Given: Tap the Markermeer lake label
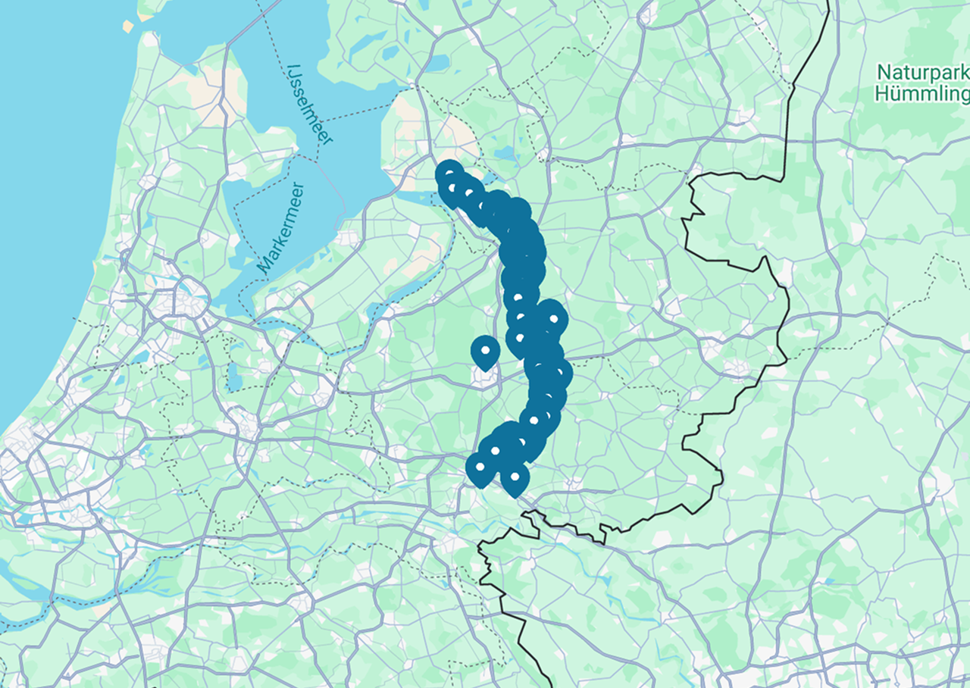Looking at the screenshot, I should tap(281, 227).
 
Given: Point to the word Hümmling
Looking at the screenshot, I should tap(921, 94).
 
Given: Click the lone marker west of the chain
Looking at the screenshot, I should tap(485, 352).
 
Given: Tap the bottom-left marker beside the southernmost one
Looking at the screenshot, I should tap(480, 469).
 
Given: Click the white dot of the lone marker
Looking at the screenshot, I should tap(485, 349).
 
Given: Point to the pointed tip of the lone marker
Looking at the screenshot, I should tap(485, 371).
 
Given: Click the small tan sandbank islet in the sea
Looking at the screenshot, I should tap(127, 27).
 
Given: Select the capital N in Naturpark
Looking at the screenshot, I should tap(884, 73).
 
